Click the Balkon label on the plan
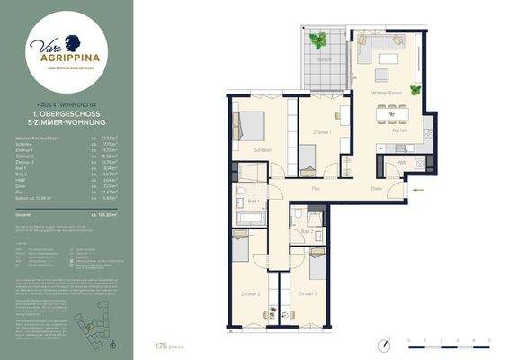tap(325, 60)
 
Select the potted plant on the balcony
tap(318, 40)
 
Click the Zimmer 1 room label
tap(322, 132)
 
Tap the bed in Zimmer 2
tap(242, 247)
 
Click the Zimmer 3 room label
tap(308, 293)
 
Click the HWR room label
tap(401, 162)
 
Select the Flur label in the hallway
tap(317, 190)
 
